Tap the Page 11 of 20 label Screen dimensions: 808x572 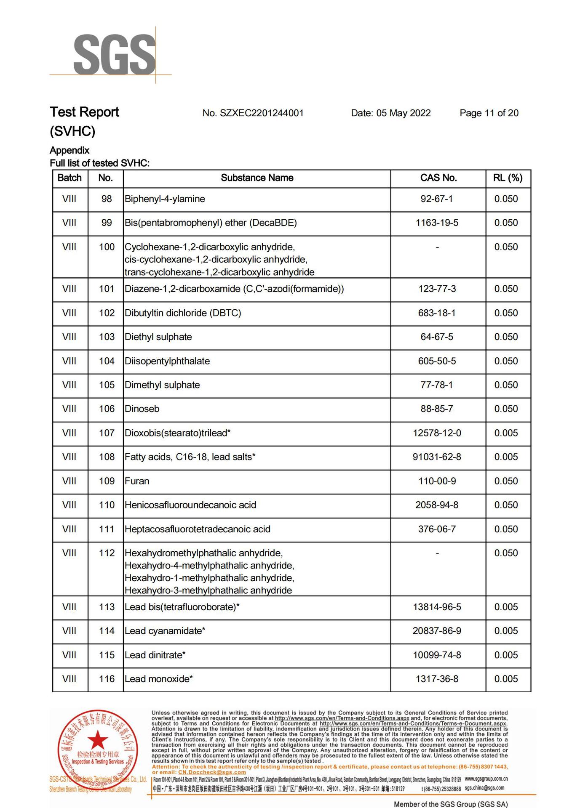pyautogui.click(x=489, y=113)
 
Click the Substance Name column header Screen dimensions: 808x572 pyautogui.click(x=257, y=178)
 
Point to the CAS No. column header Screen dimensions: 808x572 pyautogui.click(x=438, y=178)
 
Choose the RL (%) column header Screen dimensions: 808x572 pyautogui.click(x=508, y=178)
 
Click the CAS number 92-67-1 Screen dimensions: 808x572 pyautogui.click(x=436, y=199)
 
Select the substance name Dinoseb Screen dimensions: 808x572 pyautogui.click(x=142, y=409)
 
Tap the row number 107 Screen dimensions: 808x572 pyautogui.click(x=107, y=433)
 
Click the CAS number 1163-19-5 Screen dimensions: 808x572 pyautogui.click(x=437, y=223)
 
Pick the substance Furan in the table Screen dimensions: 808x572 pyautogui.click(x=137, y=481)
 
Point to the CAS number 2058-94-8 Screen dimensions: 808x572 pyautogui.click(x=437, y=505)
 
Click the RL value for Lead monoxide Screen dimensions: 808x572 pyautogui.click(x=506, y=679)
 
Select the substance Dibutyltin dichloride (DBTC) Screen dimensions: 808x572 pyautogui.click(x=183, y=313)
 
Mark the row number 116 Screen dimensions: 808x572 pyautogui.click(x=107, y=679)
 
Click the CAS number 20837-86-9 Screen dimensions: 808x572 pyautogui.click(x=437, y=631)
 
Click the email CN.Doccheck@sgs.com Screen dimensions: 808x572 pyautogui.click(x=212, y=773)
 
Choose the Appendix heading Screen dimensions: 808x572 pyautogui.click(x=69, y=151)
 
